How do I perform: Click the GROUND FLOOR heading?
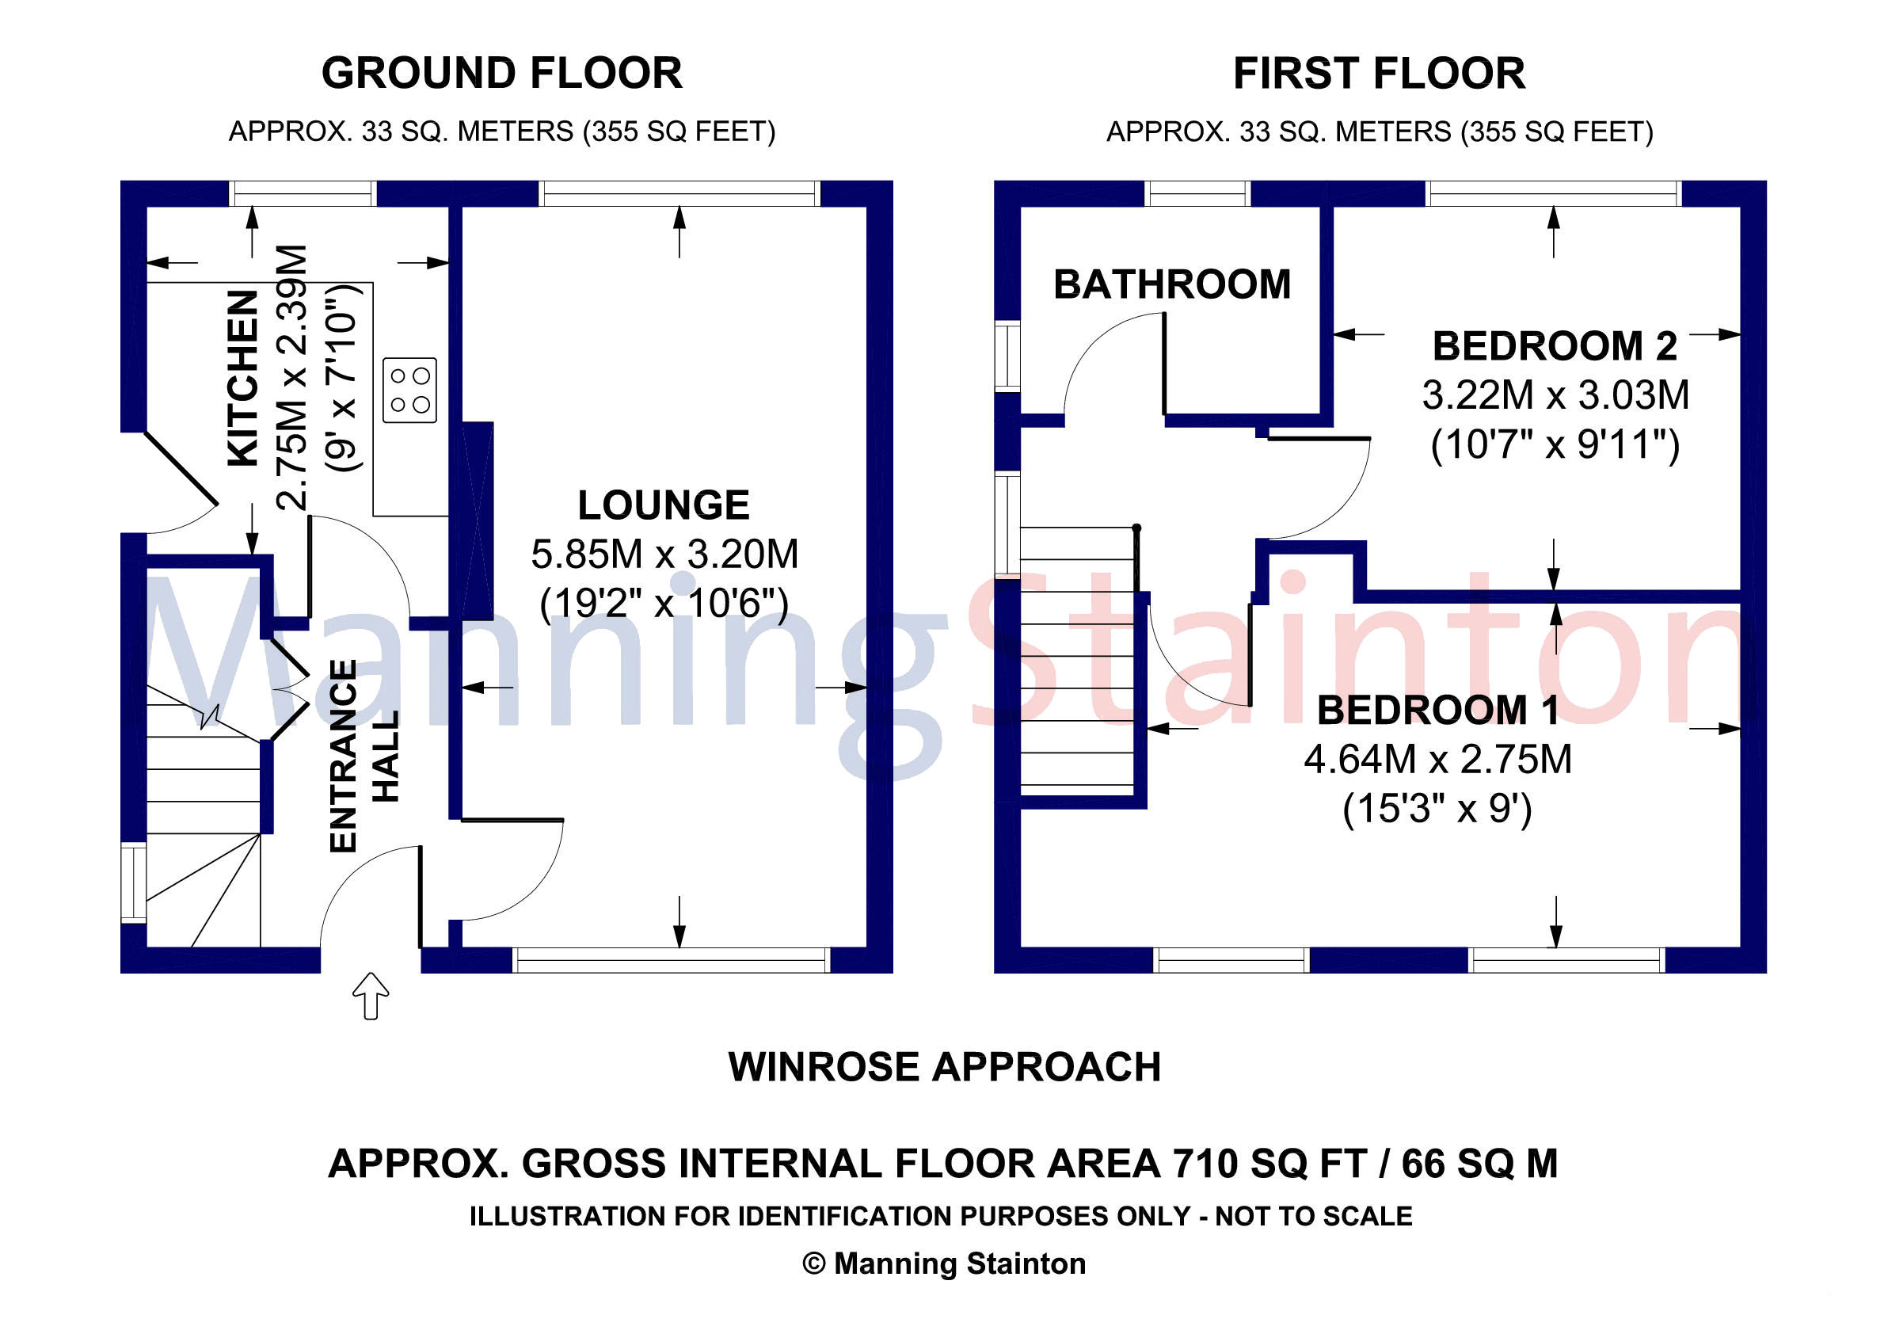(x=501, y=74)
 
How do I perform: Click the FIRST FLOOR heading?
(x=1379, y=74)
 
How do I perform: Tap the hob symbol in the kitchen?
(x=409, y=391)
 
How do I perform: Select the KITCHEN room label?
(x=243, y=379)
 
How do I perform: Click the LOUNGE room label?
(x=664, y=505)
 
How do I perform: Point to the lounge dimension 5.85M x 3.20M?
(x=664, y=555)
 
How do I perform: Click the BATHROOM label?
(x=1172, y=284)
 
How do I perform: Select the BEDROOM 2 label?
(x=1554, y=346)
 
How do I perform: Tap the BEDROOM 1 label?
(x=1437, y=711)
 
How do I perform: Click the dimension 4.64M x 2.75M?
(x=1437, y=759)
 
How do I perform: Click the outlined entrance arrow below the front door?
(x=371, y=996)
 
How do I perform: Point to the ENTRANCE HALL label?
(x=364, y=755)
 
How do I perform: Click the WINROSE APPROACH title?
(x=944, y=1068)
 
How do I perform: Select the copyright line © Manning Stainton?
(x=944, y=1264)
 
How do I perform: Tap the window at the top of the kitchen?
(x=303, y=194)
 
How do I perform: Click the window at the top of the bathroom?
(x=1197, y=194)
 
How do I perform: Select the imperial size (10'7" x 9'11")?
(x=1554, y=445)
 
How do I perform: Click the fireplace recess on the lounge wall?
(x=477, y=520)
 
